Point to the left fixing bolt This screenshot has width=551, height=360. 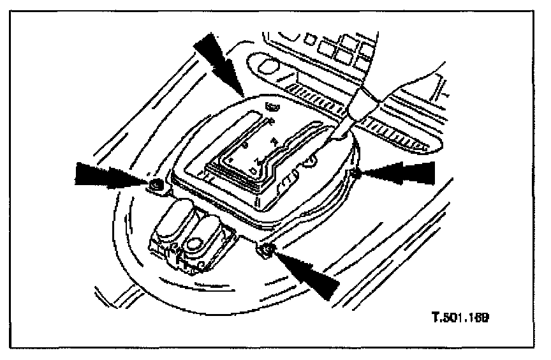coord(155,186)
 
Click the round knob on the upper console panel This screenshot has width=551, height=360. coord(268,66)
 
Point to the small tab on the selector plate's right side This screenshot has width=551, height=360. coord(310,162)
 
